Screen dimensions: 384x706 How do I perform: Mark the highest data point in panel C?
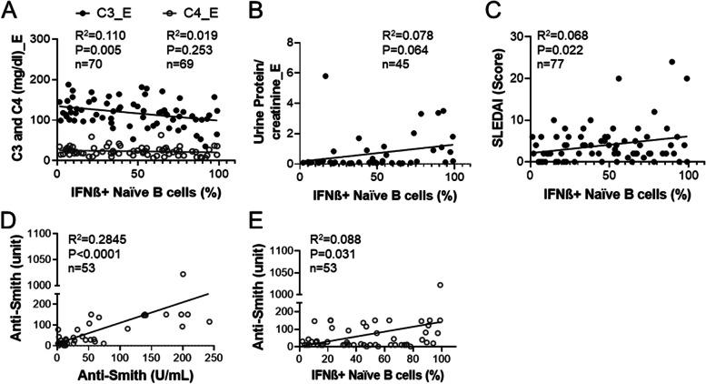coord(672,63)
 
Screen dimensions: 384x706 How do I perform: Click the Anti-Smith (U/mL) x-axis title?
coord(141,374)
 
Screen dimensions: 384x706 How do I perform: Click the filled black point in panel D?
coord(144,315)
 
